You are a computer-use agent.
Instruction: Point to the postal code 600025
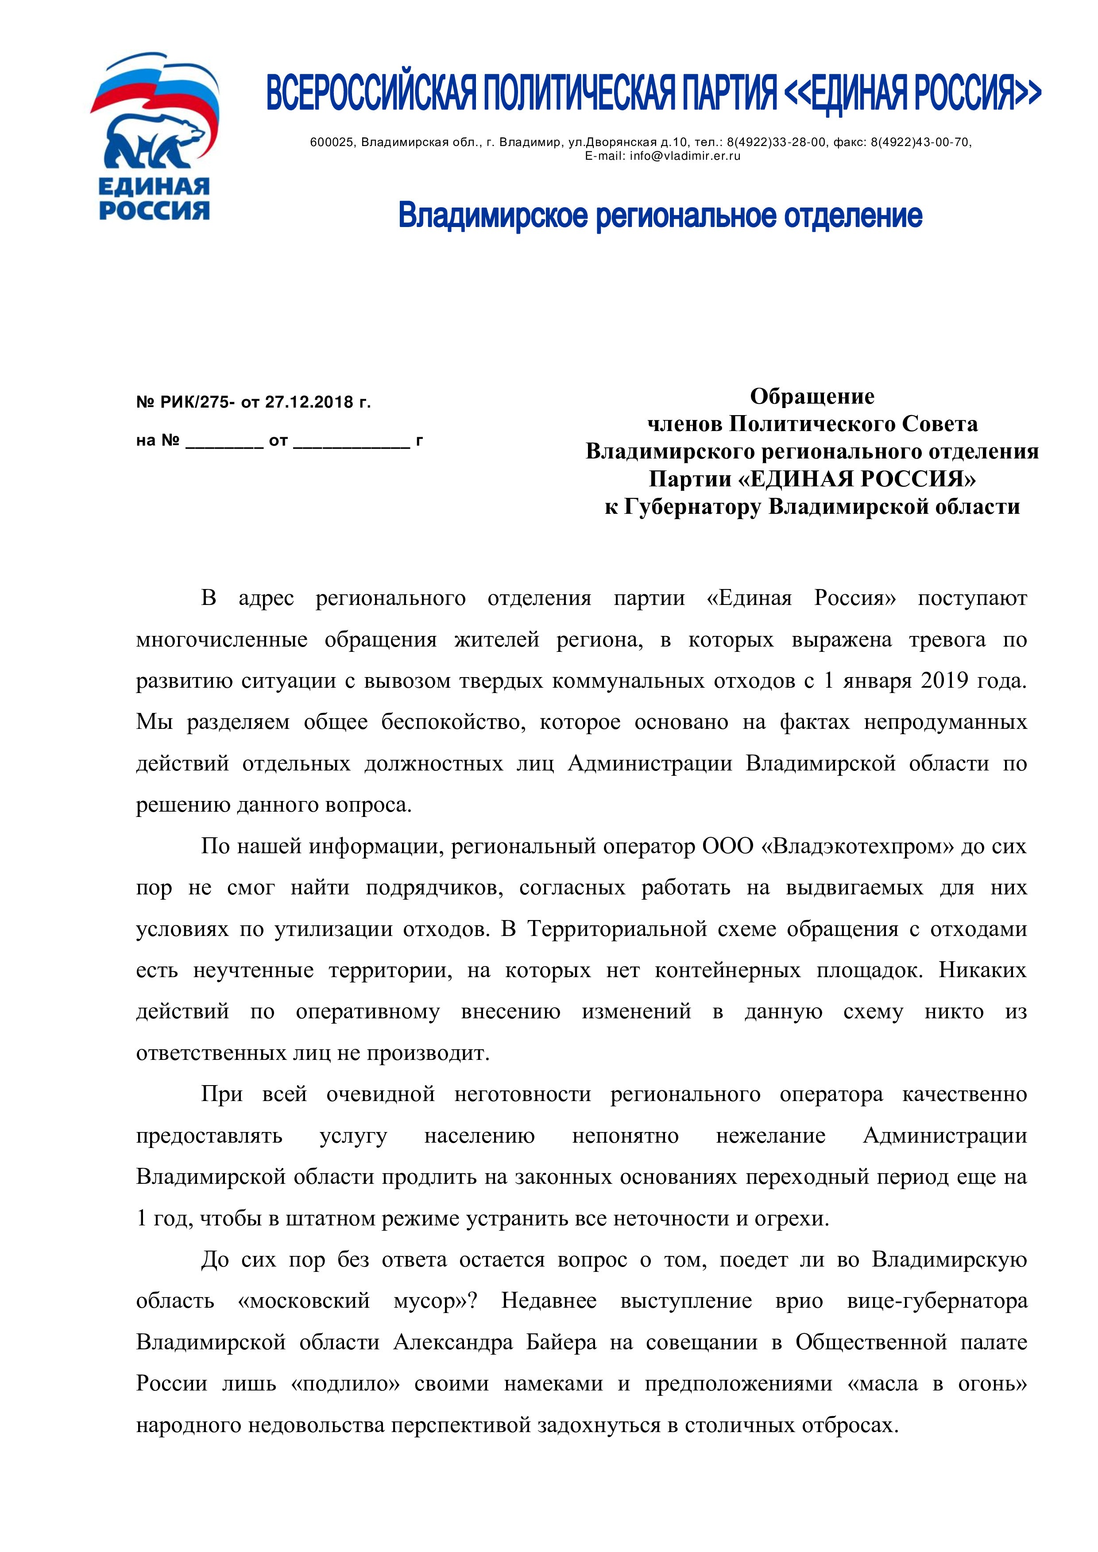[x=332, y=142]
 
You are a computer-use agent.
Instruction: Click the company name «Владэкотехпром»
[x=857, y=846]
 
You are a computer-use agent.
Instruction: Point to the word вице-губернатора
[x=937, y=1301]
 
